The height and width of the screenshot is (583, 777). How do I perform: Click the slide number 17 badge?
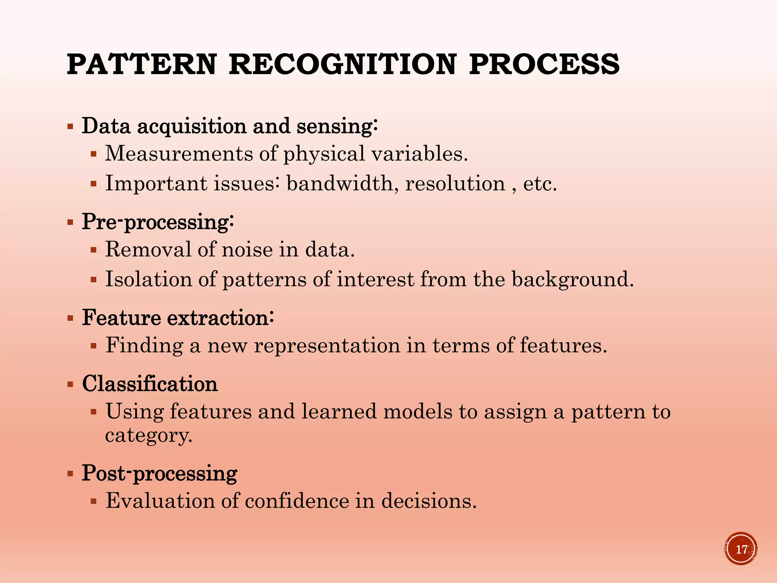tap(741, 549)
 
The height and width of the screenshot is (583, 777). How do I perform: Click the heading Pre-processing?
tap(157, 222)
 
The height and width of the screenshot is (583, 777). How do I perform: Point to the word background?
tap(572, 280)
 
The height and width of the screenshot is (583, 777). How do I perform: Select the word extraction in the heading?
tap(220, 318)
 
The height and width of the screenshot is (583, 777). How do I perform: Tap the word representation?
tap(327, 346)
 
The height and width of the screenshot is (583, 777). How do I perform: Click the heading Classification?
tap(150, 384)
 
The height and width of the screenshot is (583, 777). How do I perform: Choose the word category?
tap(148, 435)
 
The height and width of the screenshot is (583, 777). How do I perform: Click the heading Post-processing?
tap(159, 474)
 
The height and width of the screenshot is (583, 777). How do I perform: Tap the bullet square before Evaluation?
tap(94, 501)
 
